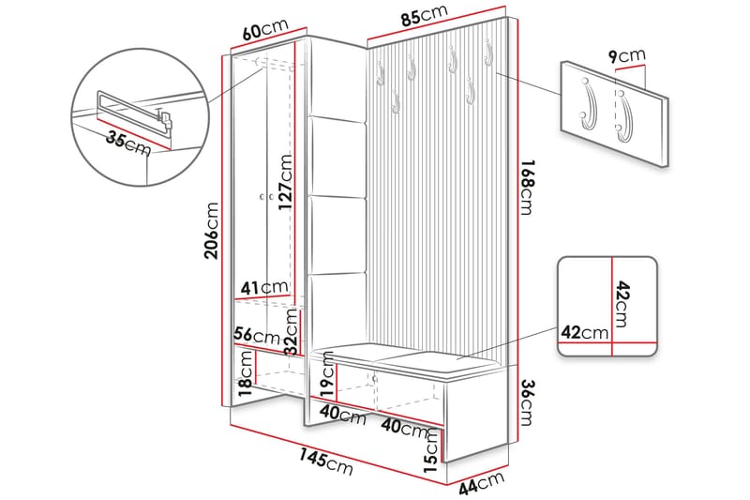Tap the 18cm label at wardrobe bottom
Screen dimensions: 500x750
tap(246, 372)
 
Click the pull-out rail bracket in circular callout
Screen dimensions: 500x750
tap(165, 118)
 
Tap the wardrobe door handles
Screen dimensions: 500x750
tap(264, 197)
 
